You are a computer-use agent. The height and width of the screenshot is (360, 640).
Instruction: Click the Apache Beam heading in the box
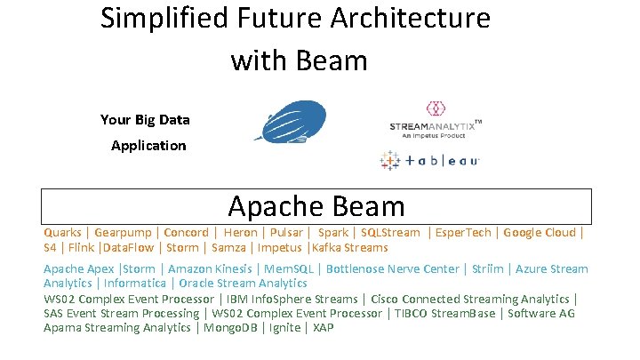316,206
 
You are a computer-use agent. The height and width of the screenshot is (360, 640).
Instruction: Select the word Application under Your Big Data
148,145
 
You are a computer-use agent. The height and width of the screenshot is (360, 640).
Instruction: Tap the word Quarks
62,233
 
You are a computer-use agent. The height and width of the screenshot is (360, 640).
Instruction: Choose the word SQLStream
390,233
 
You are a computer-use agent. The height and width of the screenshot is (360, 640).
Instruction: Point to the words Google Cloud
540,233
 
